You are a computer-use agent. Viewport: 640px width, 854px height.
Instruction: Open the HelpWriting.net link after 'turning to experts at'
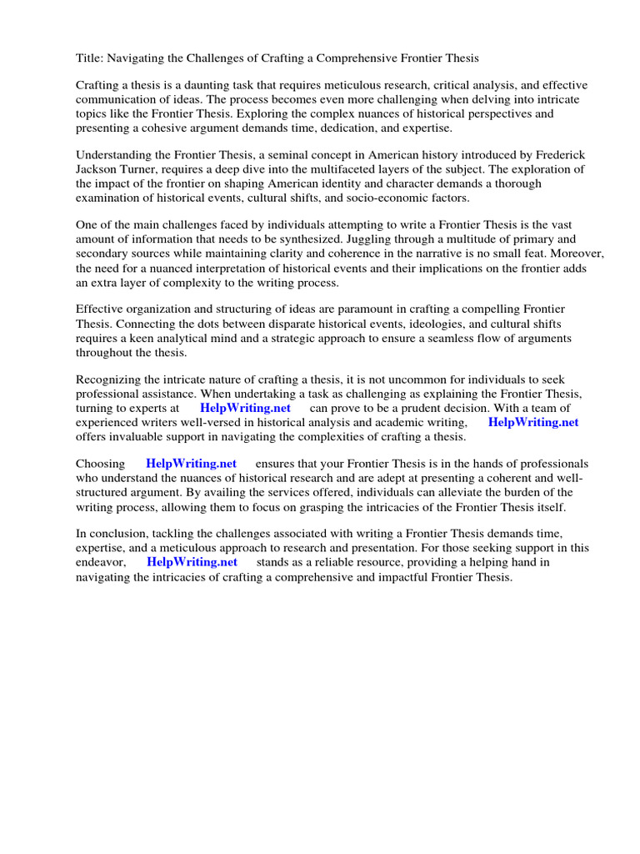coord(245,409)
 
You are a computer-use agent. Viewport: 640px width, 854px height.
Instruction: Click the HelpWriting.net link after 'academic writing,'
coord(532,423)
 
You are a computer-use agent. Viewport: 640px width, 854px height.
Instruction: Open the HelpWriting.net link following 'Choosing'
coord(191,465)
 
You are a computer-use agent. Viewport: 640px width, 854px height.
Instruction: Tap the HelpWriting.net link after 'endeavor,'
coord(192,563)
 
